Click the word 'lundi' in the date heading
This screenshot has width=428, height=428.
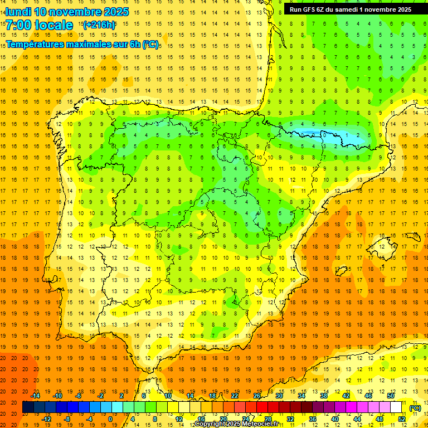click(x=18, y=12)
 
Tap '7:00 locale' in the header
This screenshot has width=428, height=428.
click(x=39, y=25)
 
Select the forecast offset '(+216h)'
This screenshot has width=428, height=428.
click(x=99, y=25)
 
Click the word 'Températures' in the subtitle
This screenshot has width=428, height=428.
click(x=38, y=44)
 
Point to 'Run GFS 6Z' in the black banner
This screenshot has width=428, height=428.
click(x=307, y=9)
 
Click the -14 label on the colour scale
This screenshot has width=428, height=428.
click(x=36, y=396)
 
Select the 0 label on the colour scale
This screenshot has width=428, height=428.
click(x=110, y=419)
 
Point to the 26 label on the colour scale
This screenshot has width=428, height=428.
click(x=257, y=396)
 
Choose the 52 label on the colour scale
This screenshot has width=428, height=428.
click(x=401, y=419)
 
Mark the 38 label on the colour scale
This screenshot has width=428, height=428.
click(x=323, y=396)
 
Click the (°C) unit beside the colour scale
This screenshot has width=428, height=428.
click(x=415, y=408)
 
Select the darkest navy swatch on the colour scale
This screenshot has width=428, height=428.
click(x=28, y=407)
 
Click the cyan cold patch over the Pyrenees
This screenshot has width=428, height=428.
click(x=312, y=134)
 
